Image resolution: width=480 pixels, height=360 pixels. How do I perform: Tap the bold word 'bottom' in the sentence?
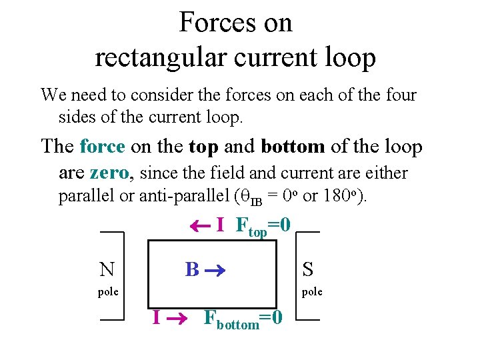coord(293,145)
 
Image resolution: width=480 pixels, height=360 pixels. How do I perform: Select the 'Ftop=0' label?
coord(263,227)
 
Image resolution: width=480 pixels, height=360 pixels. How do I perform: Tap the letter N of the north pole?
coord(106,269)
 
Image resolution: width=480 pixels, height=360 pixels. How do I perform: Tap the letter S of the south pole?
coord(307,269)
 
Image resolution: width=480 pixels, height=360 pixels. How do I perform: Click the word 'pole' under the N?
coord(108,292)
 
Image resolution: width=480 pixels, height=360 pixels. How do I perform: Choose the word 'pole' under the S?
coord(312,292)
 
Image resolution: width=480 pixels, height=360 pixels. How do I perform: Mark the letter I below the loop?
coord(156,317)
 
